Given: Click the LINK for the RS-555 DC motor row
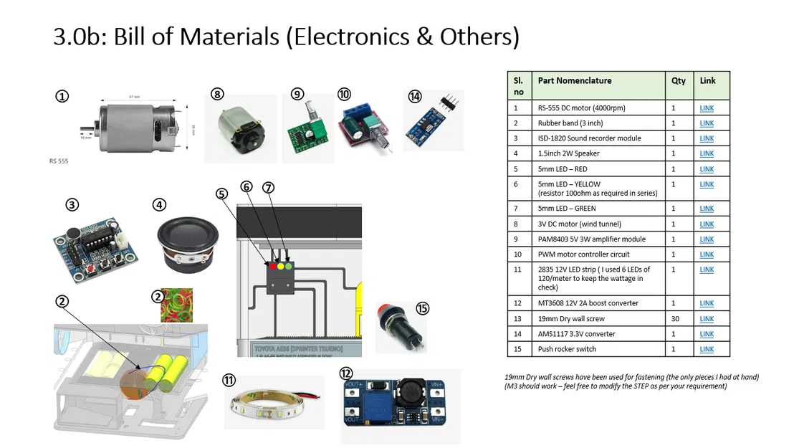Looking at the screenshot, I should tap(707, 108).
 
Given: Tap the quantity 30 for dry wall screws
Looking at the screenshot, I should tap(673, 319).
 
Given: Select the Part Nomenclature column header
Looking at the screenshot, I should tap(574, 81).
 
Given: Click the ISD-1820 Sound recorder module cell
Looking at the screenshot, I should tap(589, 138).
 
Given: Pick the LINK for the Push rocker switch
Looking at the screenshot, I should tap(707, 349).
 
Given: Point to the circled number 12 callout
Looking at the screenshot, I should tap(347, 373).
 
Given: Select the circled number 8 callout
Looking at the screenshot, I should tap(218, 93).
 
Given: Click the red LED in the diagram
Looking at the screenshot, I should tap(273, 267).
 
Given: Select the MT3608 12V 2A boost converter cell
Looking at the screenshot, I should tap(588, 303).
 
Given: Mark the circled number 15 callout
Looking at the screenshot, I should tap(423, 308).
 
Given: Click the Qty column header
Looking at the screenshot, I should tap(678, 81).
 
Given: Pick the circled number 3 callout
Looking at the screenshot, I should tap(72, 205).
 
